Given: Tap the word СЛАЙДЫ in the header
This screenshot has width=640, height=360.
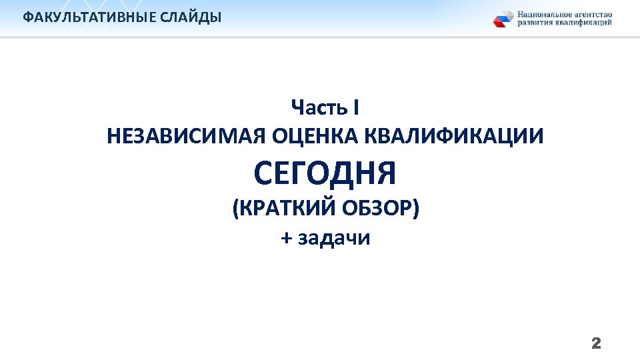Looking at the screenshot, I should point(191,17).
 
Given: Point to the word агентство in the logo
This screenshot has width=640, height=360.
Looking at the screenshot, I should point(593,14).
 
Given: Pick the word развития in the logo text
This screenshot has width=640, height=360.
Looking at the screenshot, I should point(535,23).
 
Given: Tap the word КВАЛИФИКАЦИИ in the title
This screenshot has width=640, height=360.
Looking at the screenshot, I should point(453,137).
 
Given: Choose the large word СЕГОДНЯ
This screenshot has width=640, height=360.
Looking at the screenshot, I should point(325,173).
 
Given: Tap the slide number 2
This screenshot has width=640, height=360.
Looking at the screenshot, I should point(596,344).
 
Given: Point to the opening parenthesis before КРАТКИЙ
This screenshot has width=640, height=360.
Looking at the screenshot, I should point(235,209).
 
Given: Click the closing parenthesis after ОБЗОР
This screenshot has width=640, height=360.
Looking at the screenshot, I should point(416,209).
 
